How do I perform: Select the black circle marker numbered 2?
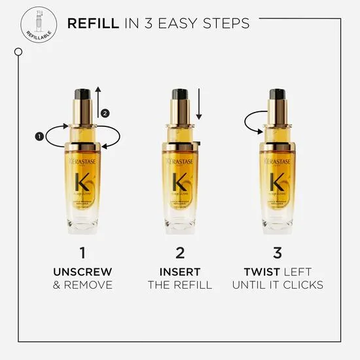click(106, 113)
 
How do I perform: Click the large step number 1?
click(82, 251)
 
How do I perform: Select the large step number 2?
click(180, 251)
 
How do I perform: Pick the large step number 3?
click(277, 251)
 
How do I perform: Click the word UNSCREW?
click(82, 270)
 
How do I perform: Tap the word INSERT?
click(180, 270)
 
